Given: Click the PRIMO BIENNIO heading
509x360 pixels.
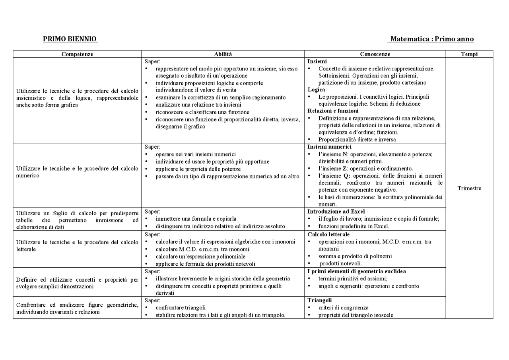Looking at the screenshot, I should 70,39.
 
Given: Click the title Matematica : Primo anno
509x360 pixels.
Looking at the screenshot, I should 432,39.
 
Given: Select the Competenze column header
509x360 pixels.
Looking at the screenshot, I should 77,54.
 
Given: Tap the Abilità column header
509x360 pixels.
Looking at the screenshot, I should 223,54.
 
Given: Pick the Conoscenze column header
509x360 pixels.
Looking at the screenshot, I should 375,54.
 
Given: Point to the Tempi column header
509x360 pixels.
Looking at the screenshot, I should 469,54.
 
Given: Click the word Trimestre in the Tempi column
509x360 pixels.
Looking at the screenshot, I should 469,188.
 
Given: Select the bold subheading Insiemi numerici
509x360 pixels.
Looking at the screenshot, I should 329,147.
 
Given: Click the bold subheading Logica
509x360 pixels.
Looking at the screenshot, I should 316,90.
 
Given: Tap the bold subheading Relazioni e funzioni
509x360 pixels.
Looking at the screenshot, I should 333,111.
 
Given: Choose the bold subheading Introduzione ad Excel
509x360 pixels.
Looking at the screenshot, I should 336,212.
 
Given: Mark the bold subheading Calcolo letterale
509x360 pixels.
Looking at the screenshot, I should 328,234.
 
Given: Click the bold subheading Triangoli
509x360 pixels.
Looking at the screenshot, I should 320,300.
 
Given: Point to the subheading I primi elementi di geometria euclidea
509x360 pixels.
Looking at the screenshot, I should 357,271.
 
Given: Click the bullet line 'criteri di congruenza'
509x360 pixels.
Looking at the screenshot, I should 343,307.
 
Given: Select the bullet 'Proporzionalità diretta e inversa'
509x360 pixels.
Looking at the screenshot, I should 357,140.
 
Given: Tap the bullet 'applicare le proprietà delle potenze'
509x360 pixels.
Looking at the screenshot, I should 198,169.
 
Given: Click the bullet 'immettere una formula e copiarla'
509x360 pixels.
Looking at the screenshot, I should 196,219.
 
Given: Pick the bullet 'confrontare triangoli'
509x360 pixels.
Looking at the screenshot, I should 181,307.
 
